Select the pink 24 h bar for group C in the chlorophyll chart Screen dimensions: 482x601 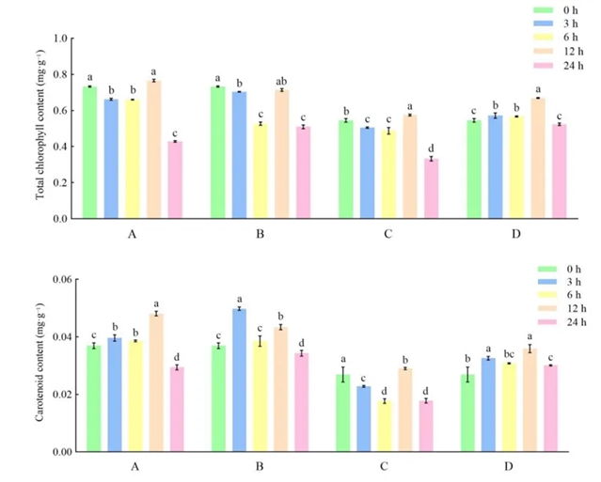pyautogui.click(x=432, y=188)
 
